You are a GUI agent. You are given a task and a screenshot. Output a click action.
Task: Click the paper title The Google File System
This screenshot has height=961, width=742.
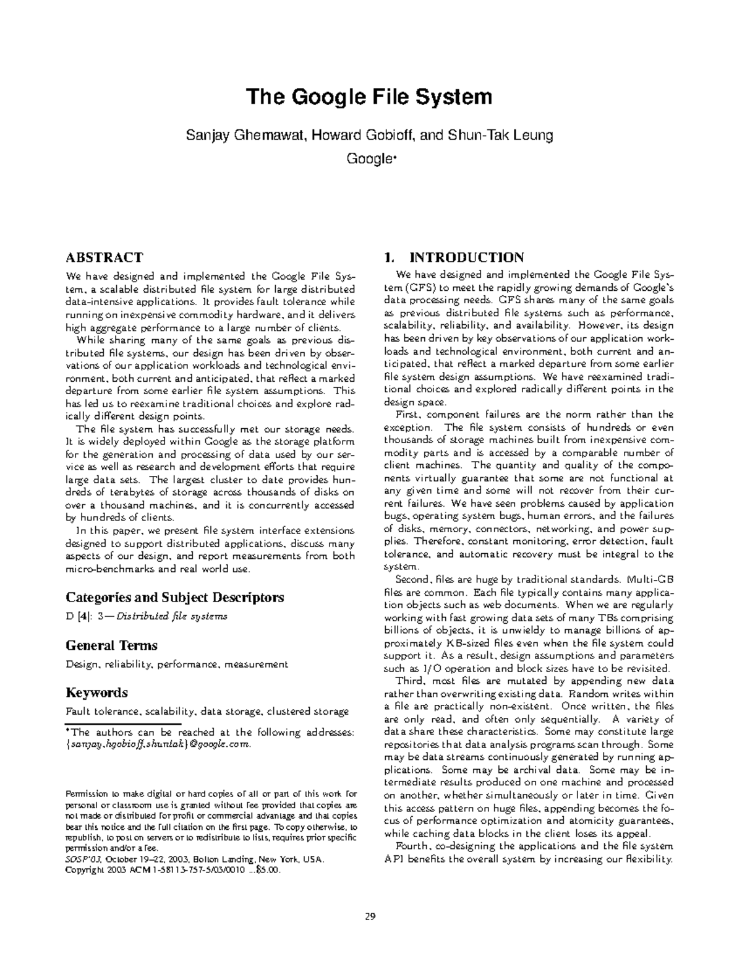pos(370,97)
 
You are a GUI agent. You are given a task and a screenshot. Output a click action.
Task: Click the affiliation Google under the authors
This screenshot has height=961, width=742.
pos(369,159)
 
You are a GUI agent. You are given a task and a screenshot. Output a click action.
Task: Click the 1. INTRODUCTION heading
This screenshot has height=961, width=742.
pos(454,257)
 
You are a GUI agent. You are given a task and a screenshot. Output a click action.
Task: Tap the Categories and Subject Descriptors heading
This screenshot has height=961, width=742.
pos(174,597)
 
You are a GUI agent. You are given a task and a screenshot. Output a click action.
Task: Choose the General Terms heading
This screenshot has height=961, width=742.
pos(111,645)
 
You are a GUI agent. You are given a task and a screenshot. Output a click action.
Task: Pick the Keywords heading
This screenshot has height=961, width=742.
pos(96,692)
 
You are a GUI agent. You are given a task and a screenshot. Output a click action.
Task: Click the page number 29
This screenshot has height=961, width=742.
pos(370,916)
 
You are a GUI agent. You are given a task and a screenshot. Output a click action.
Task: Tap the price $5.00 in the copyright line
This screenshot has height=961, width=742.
pos(270,870)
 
